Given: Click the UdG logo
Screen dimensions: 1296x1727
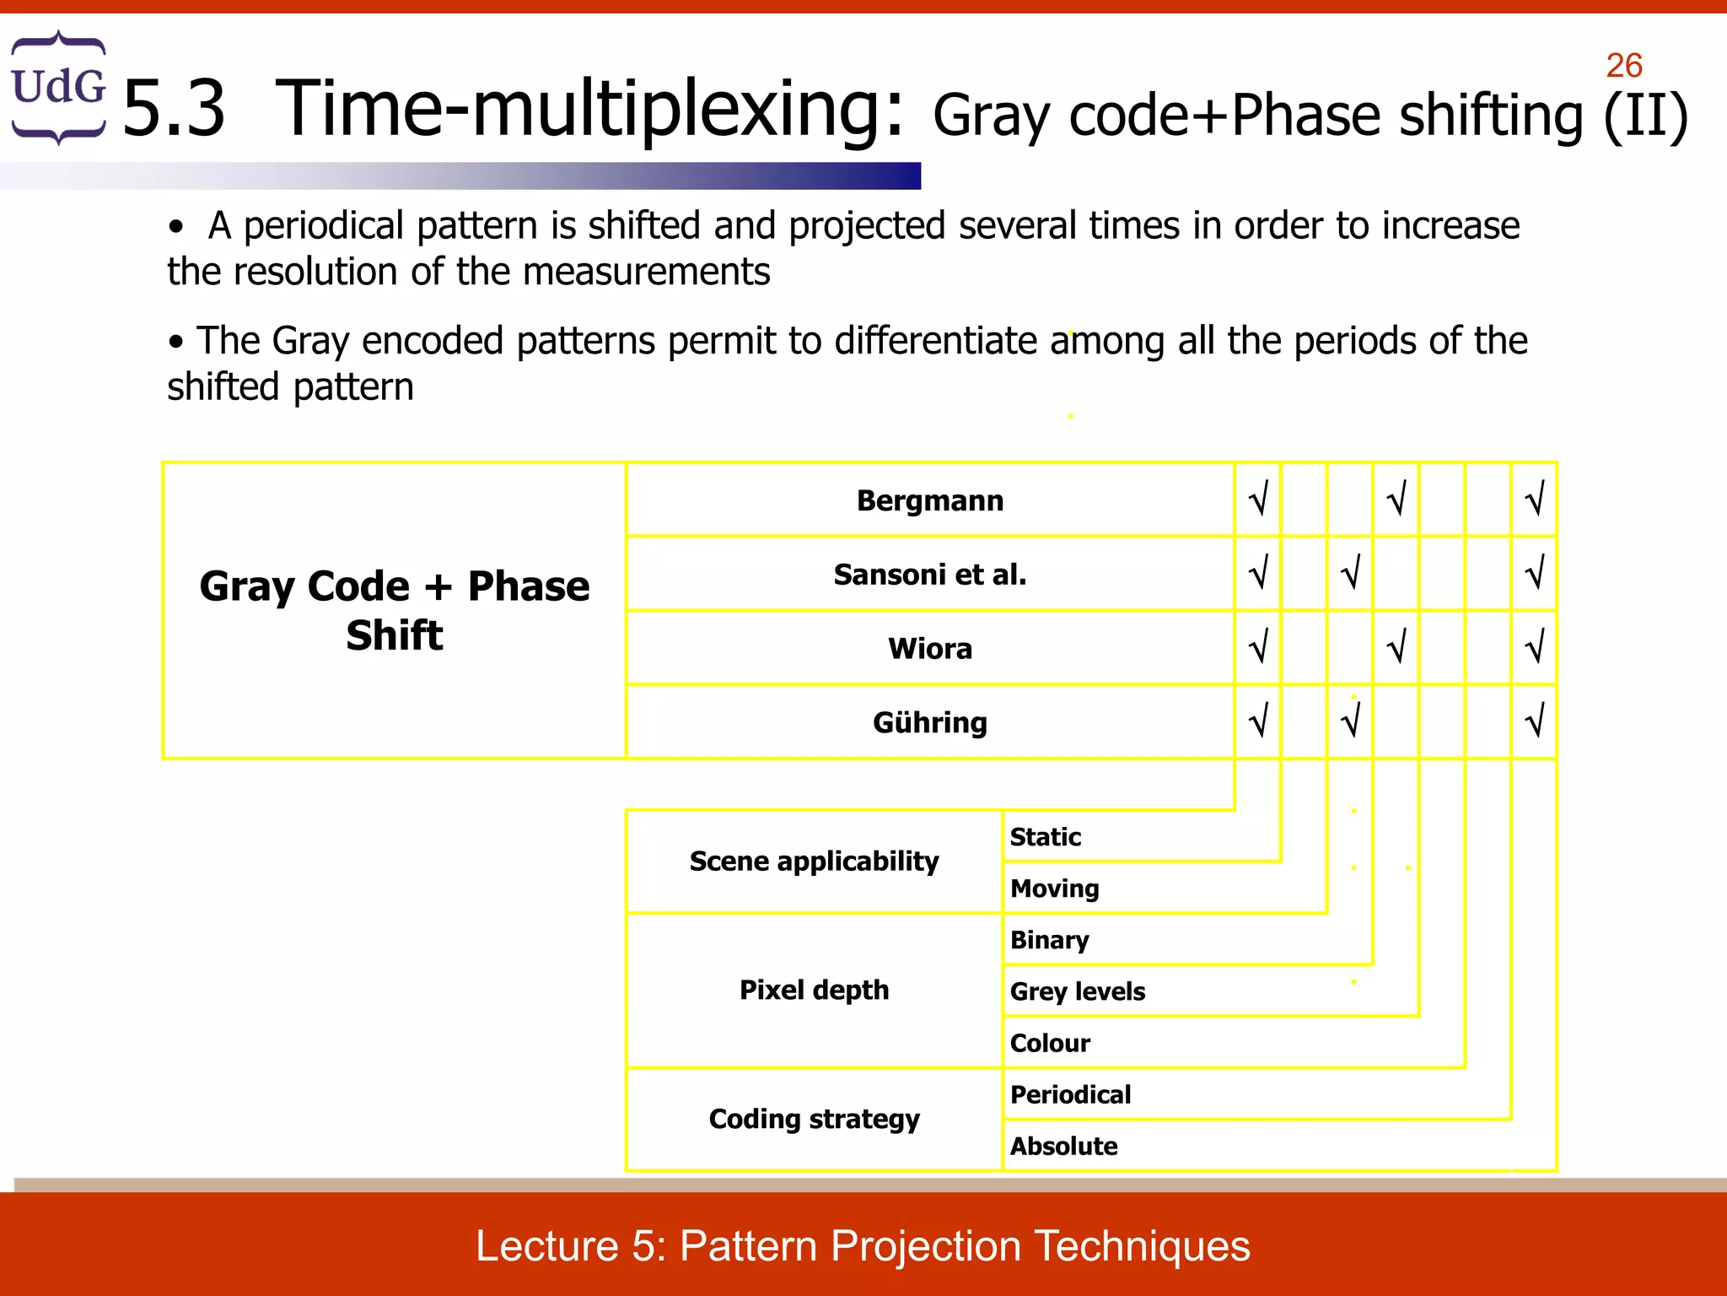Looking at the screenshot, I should pos(57,87).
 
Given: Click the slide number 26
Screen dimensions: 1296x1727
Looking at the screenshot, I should pos(1623,66).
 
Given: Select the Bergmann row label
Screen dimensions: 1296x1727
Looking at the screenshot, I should pos(929,500).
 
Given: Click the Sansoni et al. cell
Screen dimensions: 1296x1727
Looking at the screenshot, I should pos(929,575).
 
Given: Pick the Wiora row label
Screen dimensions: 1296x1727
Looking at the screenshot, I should pos(929,649).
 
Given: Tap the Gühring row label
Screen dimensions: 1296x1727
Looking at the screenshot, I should pos(929,722).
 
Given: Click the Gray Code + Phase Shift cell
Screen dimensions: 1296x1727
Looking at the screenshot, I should pos(394,610).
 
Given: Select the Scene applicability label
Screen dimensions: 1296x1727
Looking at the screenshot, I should pos(814,861).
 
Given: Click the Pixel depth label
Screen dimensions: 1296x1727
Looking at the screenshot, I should pos(814,990).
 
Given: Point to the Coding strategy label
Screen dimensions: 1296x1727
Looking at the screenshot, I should pos(814,1119).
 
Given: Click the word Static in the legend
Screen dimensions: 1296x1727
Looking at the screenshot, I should pos(1045,837).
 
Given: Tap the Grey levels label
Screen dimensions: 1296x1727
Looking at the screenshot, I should pos(1077,991).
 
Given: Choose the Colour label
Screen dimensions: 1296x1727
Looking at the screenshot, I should pos(1050,1043).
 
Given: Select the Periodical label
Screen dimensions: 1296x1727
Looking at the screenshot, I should pos(1070,1094).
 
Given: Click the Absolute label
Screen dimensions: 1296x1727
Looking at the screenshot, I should pos(1063,1146).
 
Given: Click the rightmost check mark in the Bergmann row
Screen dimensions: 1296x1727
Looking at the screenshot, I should pos(1534,499).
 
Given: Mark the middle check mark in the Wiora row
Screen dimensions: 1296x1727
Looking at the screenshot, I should pos(1396,647).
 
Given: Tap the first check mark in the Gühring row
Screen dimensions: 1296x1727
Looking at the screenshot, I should pos(1257,721).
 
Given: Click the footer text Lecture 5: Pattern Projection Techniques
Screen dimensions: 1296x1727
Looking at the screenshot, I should pos(863,1245).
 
